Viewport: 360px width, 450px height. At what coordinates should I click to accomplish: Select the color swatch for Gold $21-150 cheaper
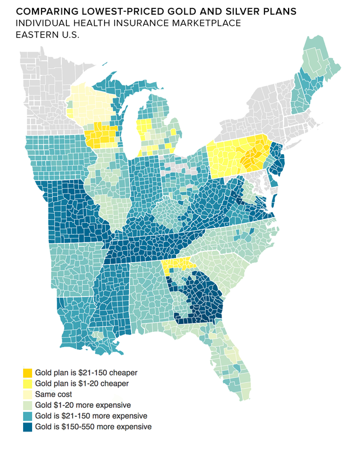(27, 372)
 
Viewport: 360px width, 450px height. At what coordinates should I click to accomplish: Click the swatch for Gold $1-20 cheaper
(27, 384)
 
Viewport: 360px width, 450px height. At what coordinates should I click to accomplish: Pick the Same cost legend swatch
(27, 394)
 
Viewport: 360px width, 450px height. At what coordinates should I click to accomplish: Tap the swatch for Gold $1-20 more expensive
(27, 405)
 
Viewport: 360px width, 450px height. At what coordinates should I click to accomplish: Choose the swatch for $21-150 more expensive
(27, 416)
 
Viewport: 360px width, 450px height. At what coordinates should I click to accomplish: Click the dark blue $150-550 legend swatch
(27, 427)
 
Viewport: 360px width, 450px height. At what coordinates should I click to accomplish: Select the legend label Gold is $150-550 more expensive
(93, 427)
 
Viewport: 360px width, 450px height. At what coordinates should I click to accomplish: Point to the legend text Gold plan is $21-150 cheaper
(86, 372)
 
